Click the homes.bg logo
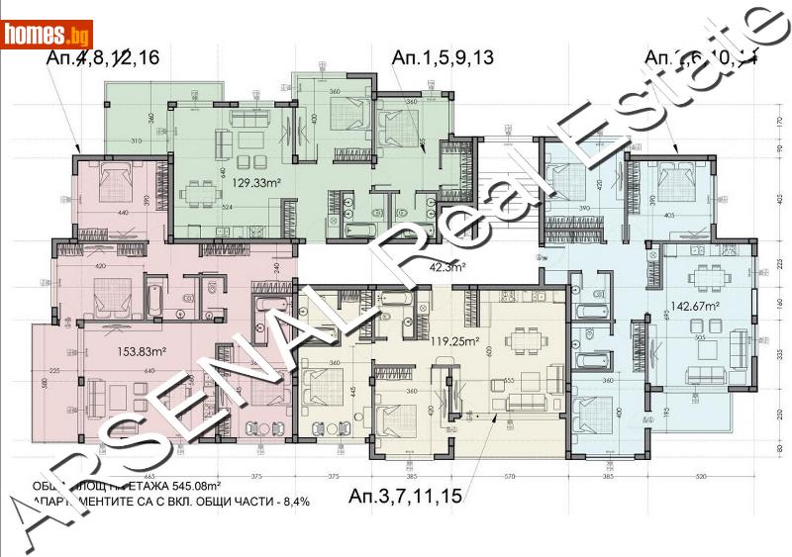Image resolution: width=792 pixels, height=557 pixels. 48,36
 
